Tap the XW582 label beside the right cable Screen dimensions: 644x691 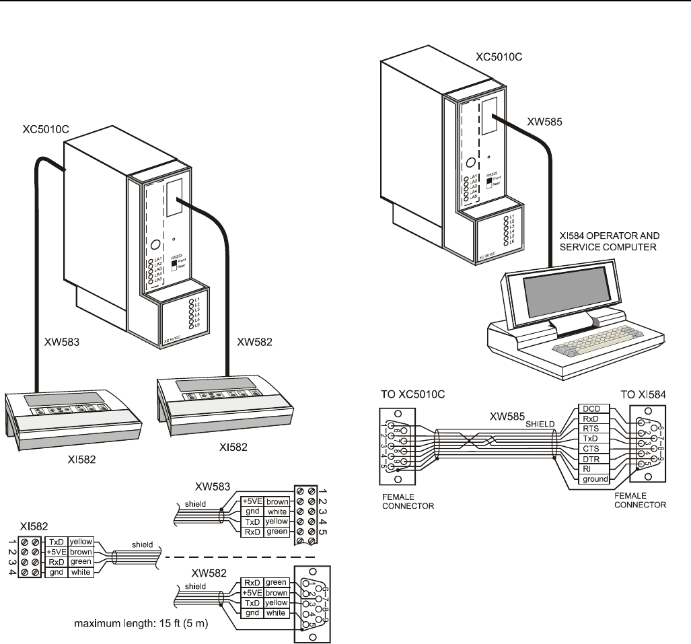pos(256,343)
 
